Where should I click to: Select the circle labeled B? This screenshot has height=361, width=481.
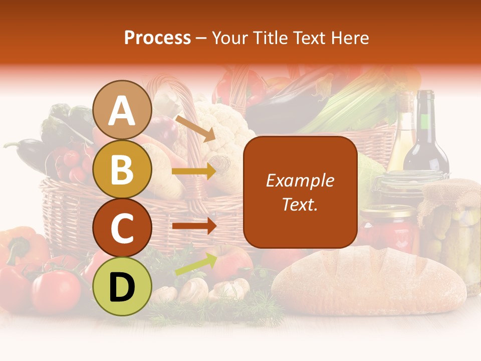[x=122, y=169]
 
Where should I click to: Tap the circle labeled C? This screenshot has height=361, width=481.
[x=122, y=228]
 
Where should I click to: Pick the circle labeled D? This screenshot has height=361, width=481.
[x=122, y=286]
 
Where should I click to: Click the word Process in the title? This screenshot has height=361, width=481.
[x=157, y=38]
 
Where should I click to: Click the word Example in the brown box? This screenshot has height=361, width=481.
[x=300, y=180]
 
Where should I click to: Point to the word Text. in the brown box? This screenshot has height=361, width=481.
[x=300, y=204]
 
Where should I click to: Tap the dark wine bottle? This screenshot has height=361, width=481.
[x=426, y=135]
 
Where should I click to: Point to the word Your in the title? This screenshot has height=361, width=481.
[x=229, y=38]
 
